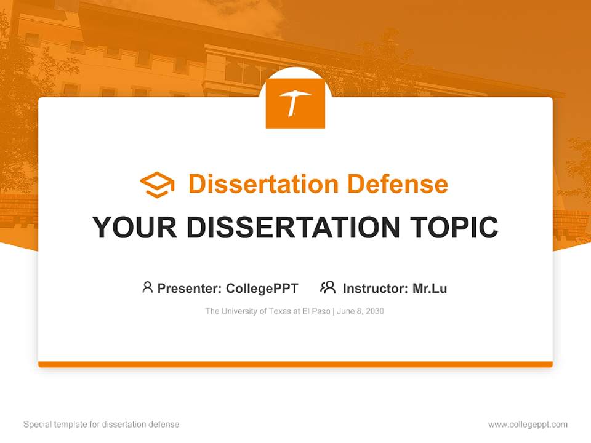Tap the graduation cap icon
pos(157,184)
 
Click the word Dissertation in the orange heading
pos(263,184)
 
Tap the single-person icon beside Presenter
pos(147,287)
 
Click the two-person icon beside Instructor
pos(328,287)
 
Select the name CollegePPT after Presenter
pos(262,288)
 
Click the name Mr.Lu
pos(430,288)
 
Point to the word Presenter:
pos(190,288)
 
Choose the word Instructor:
pos(375,288)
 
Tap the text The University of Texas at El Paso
pos(268,311)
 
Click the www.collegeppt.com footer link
pos(528,425)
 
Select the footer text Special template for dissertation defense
pos(101,425)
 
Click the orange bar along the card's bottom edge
pos(295,364)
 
